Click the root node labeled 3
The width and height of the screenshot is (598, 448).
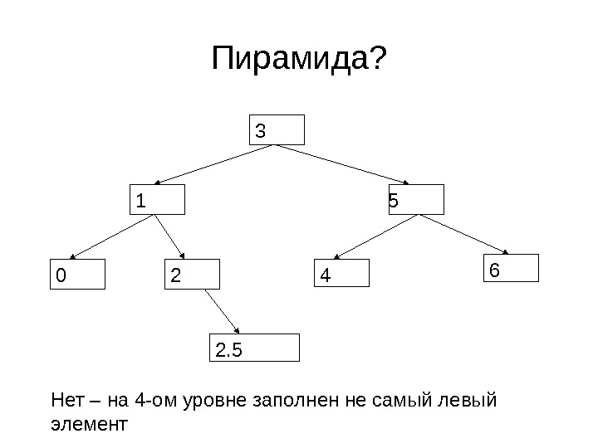(x=278, y=130)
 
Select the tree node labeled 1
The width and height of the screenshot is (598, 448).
(x=158, y=201)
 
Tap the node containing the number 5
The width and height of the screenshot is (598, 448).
(x=416, y=200)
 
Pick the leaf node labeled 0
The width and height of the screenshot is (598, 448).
(x=78, y=274)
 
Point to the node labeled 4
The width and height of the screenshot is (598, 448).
(x=341, y=273)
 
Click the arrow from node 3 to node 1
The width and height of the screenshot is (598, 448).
(x=216, y=164)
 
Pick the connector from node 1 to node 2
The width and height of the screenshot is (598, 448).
(x=174, y=236)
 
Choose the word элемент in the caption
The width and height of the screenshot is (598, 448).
(x=90, y=426)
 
